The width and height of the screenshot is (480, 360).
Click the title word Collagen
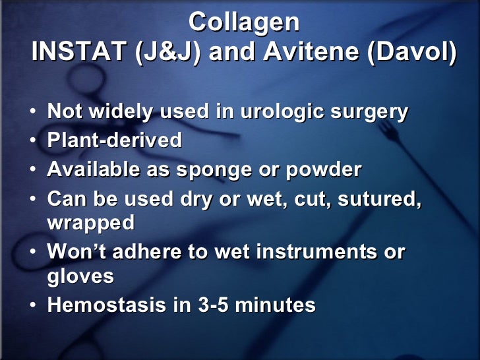pos(244,22)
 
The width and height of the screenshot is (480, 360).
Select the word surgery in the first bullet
pos(371,111)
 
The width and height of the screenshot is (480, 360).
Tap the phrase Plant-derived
pos(114,140)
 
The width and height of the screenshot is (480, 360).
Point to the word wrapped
pos(90,223)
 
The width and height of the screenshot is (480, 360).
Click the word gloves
pos(80,276)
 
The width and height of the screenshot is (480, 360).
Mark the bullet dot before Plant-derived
pos(33,140)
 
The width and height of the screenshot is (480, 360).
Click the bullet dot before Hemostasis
pos(33,306)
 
